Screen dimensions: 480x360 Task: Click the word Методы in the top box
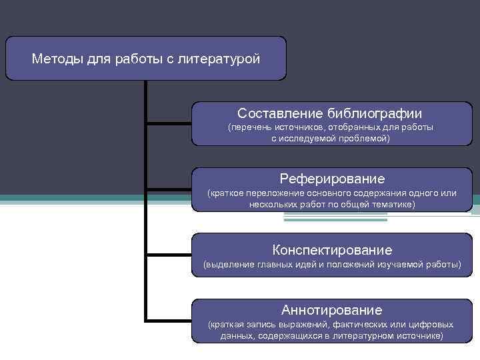click(57, 59)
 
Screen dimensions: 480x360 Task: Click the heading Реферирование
click(332, 178)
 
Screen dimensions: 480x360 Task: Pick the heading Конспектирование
click(332, 250)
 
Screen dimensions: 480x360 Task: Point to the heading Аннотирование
click(332, 309)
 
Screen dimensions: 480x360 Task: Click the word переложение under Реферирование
click(269, 193)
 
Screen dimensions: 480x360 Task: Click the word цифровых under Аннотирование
click(432, 324)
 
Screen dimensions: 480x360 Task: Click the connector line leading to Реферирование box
click(169, 189)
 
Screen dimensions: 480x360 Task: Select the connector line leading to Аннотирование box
click(169, 321)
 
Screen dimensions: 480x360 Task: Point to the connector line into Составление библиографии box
click(169, 124)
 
